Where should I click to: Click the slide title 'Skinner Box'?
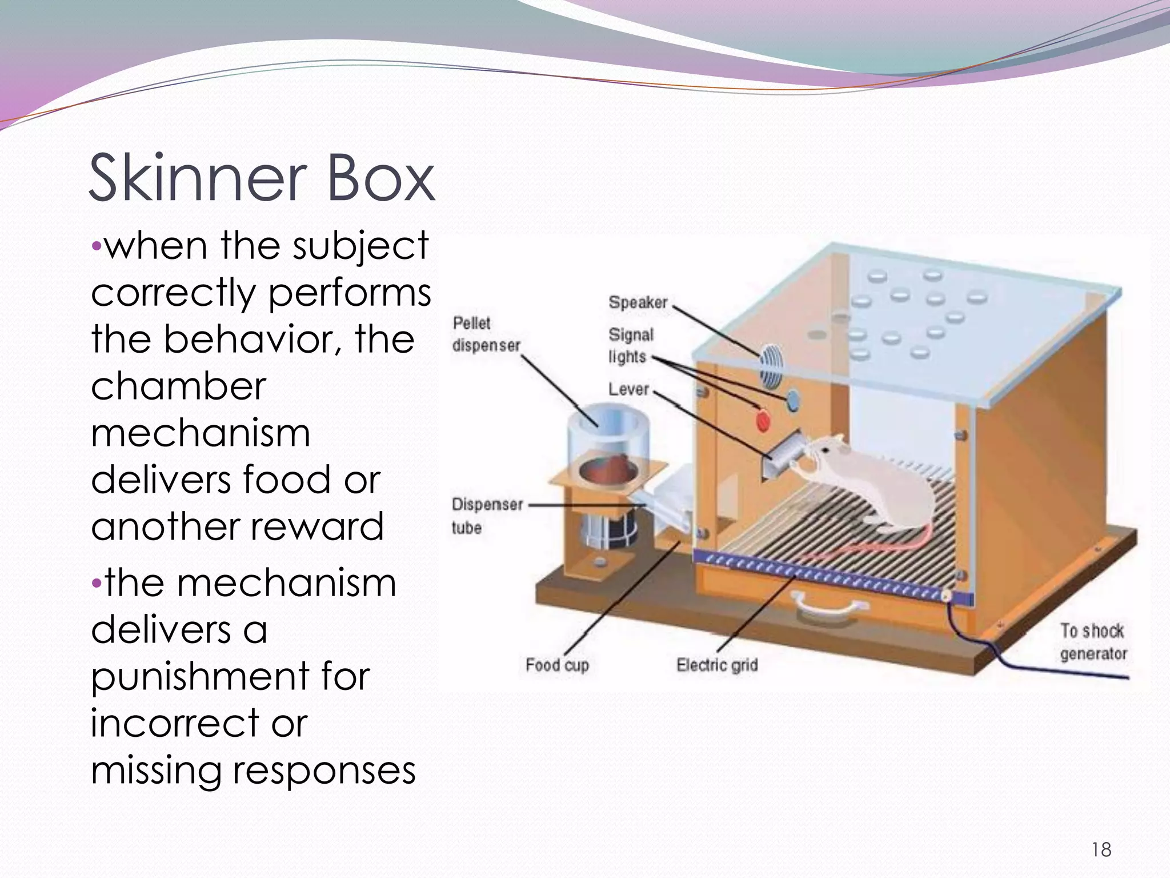click(x=262, y=178)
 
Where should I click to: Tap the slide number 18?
click(x=1101, y=850)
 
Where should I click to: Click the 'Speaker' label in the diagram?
click(x=638, y=302)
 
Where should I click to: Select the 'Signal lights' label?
click(x=630, y=345)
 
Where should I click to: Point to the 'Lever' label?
click(x=628, y=389)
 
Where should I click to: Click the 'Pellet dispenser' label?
click(x=486, y=334)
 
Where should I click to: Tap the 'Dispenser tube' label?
click(x=487, y=516)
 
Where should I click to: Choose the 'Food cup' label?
click(x=557, y=665)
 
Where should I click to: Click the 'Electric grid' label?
click(x=717, y=665)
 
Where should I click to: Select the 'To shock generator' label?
click(x=1093, y=642)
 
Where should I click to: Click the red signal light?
click(x=763, y=421)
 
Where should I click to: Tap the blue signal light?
click(x=793, y=399)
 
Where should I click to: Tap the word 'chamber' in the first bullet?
click(x=178, y=386)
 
